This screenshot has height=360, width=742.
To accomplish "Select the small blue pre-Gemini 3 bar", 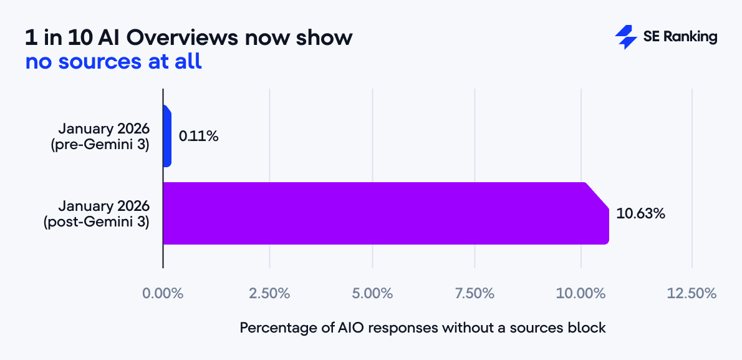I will pyautogui.click(x=166, y=136).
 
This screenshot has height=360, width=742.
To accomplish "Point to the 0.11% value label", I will pyautogui.click(x=198, y=136).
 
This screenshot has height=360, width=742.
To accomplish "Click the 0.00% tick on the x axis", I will pyautogui.click(x=163, y=293).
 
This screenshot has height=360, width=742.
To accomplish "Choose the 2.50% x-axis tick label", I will pyautogui.click(x=269, y=293).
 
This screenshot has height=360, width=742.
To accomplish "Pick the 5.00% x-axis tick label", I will pyautogui.click(x=372, y=293).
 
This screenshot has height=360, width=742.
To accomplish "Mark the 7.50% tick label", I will pyautogui.click(x=475, y=293).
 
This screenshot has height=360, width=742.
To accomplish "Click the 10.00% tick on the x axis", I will pyautogui.click(x=581, y=293).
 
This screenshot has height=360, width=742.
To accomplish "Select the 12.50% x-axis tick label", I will pyautogui.click(x=692, y=293).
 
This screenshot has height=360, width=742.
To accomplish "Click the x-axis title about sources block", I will pyautogui.click(x=423, y=328).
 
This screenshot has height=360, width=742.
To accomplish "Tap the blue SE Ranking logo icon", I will pyautogui.click(x=625, y=37).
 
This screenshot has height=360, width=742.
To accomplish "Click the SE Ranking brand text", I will pyautogui.click(x=680, y=37).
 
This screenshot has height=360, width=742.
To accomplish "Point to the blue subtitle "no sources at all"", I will pyautogui.click(x=113, y=62).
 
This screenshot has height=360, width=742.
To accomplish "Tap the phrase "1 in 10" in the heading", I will pyautogui.click(x=60, y=38).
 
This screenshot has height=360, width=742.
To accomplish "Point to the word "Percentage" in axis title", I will pyautogui.click(x=274, y=328).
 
